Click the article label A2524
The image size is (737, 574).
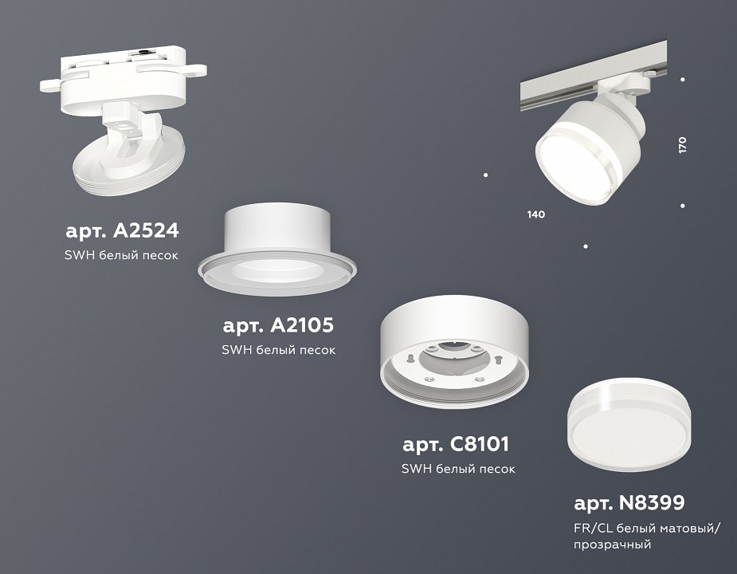point(122,231)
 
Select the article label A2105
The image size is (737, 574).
point(278,325)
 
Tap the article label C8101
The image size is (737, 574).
point(455,444)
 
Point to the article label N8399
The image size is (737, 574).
point(629,503)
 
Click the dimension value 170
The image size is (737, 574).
point(682,145)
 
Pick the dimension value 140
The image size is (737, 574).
point(535,214)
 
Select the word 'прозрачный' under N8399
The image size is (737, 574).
point(612,545)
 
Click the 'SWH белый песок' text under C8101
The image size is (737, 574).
point(458,469)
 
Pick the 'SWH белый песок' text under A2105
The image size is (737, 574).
point(278,349)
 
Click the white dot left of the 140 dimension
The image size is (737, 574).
point(486,175)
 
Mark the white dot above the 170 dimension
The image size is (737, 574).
point(683,79)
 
